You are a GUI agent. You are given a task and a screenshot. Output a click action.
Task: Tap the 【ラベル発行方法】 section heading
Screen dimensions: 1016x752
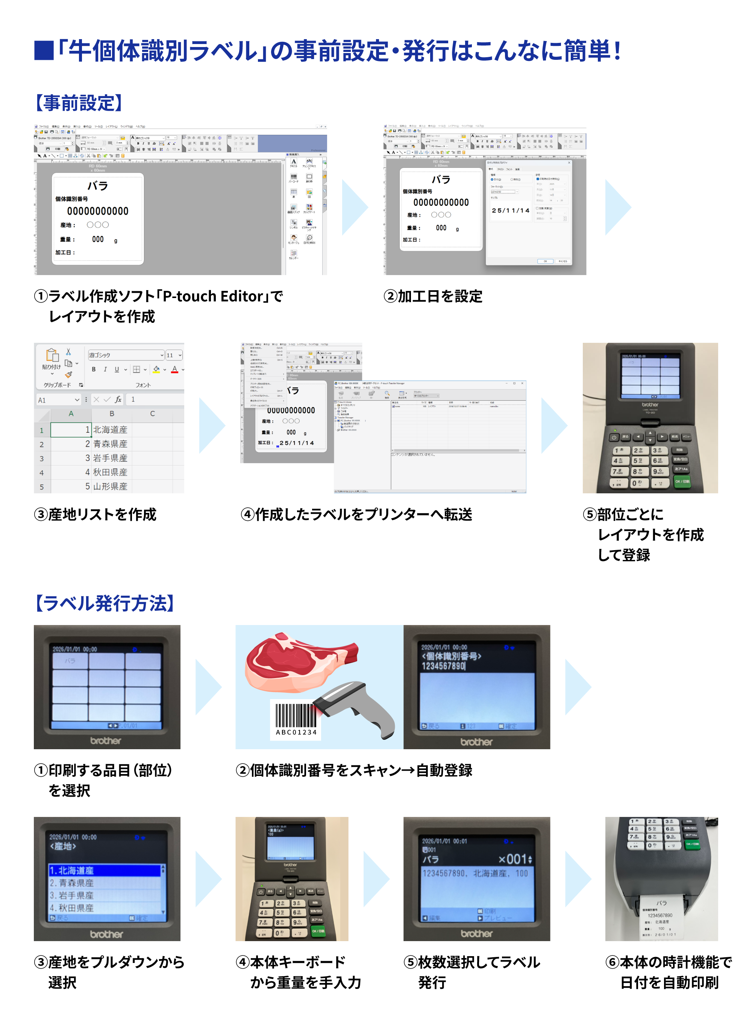tap(105, 603)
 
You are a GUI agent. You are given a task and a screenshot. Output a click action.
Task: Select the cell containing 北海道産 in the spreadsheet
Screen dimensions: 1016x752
tap(110, 430)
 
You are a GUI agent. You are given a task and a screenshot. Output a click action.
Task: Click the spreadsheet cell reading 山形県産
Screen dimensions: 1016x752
tap(110, 486)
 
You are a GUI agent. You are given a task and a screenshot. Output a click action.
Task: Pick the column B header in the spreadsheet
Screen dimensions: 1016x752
tap(112, 414)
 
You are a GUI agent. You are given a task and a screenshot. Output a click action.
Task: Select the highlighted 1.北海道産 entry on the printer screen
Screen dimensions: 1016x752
tap(105, 870)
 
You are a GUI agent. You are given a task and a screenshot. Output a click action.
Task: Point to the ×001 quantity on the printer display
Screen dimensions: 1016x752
tap(514, 859)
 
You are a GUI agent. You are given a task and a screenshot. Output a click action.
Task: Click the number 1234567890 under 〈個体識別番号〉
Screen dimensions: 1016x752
tap(443, 666)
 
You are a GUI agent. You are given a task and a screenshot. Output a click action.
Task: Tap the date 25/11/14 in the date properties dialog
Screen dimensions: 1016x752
tap(510, 210)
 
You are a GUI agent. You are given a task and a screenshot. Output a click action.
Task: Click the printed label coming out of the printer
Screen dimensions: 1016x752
tap(661, 917)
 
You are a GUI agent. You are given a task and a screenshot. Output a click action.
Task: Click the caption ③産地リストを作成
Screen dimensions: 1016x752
tap(96, 514)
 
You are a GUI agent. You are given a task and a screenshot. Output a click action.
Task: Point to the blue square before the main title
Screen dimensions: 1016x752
tap(44, 50)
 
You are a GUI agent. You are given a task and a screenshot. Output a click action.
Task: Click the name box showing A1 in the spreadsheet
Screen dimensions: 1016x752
tap(58, 400)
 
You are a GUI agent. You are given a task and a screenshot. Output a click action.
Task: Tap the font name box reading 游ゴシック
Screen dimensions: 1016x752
tap(126, 355)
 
